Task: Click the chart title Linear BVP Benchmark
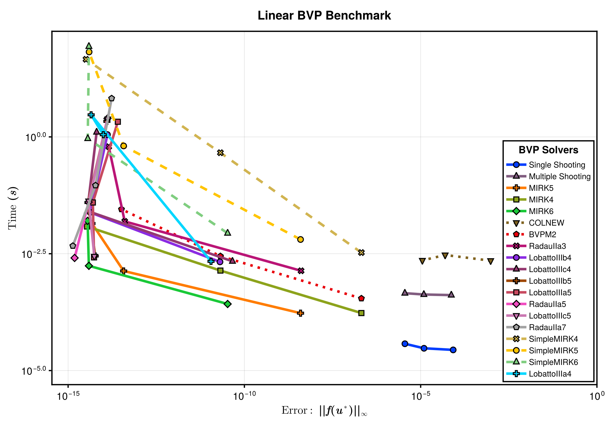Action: pos(324,16)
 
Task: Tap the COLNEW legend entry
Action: pos(546,223)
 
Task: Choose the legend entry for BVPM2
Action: pos(542,234)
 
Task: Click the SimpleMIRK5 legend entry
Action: pos(553,351)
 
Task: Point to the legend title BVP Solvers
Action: pos(548,150)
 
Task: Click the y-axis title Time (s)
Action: pos(13,208)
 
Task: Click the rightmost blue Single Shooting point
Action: pos(453,350)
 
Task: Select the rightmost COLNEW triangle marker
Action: pos(490,261)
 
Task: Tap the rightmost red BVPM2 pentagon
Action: pos(361,298)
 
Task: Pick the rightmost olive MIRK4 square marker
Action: pos(361,313)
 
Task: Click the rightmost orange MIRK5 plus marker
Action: pos(300,313)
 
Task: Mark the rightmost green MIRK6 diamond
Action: pos(228,304)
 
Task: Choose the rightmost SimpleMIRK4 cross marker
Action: pos(361,252)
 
